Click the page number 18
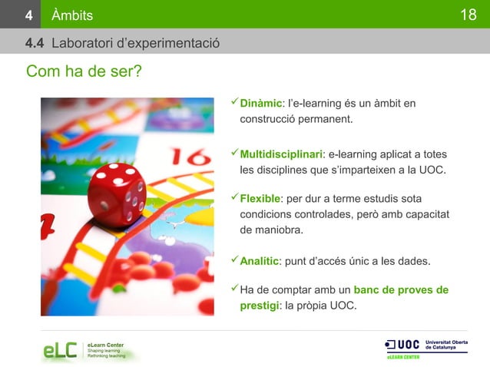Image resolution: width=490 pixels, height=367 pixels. tap(468, 15)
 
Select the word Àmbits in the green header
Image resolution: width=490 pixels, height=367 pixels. tap(72, 15)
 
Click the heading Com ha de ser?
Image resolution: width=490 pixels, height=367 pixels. tap(84, 71)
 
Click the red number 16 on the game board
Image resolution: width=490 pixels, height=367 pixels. tap(188, 157)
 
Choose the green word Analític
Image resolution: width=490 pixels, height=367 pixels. tap(260, 262)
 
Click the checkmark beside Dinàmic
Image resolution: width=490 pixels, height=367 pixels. tap(235, 103)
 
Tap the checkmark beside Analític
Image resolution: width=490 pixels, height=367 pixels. tap(235, 261)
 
